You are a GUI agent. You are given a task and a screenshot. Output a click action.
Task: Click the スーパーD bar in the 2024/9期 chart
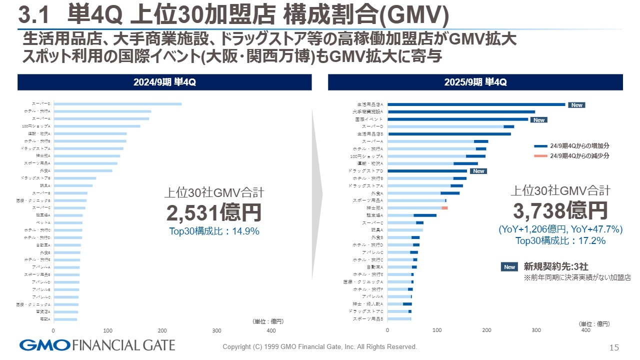point(117,104)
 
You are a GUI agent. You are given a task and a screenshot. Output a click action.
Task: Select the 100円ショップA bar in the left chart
point(97,126)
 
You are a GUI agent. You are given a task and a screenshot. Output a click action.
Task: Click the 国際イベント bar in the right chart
point(458,119)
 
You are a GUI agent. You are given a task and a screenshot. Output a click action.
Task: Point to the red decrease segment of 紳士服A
point(445,207)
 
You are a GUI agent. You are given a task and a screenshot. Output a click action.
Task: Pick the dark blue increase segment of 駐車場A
point(425,215)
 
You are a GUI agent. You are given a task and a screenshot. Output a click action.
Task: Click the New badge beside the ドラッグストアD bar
point(479,171)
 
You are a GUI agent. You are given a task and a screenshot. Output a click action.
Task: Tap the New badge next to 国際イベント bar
point(538,120)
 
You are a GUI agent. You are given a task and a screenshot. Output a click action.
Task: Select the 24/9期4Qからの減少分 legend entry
point(572,156)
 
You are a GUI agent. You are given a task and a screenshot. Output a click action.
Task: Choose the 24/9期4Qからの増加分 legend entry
point(572,145)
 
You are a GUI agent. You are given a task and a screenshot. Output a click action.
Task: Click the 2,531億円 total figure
point(214,212)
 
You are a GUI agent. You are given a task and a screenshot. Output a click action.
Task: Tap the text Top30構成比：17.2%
point(560,241)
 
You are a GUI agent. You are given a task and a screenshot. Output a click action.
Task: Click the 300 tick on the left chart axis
point(216,330)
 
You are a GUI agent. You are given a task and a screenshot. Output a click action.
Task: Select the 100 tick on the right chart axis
point(437,330)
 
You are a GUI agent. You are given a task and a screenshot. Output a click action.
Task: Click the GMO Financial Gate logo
point(97,345)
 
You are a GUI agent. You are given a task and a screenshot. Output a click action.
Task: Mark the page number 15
point(614,347)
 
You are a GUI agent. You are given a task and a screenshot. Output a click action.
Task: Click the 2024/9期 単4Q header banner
point(164,82)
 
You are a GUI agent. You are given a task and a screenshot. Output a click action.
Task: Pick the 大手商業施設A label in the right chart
point(370,112)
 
